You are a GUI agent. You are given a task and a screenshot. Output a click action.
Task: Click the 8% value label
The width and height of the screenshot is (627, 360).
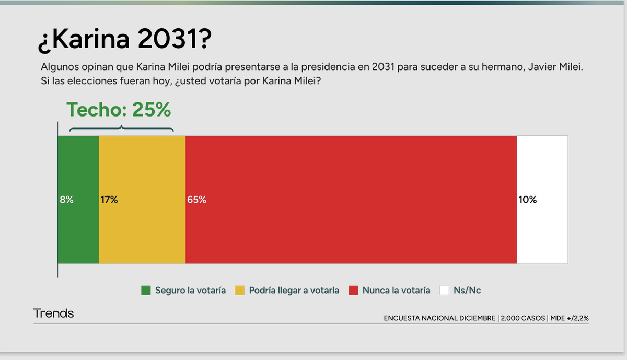[66, 200]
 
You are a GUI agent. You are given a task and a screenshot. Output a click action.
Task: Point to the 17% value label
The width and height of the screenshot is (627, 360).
[109, 200]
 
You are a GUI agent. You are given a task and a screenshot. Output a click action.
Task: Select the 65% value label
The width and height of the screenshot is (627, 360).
[196, 200]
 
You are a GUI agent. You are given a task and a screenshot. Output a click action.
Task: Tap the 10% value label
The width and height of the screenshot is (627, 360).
[528, 200]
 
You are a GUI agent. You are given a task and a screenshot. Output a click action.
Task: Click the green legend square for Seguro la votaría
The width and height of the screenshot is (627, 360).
[146, 291]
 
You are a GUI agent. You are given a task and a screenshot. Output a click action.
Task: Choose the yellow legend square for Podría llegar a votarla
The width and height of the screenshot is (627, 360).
[240, 291]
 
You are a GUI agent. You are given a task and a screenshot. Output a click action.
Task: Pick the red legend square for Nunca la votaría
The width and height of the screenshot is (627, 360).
[354, 291]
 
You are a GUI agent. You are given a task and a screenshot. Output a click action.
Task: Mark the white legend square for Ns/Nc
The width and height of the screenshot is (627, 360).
[445, 291]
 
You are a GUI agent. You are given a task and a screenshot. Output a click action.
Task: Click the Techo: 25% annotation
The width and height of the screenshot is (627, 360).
[119, 110]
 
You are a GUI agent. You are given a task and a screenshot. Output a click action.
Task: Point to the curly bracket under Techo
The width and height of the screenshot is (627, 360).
[121, 129]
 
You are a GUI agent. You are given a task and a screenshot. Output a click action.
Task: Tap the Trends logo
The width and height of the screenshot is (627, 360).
[53, 313]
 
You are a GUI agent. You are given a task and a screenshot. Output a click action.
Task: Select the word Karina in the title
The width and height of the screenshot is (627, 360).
[90, 41]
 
